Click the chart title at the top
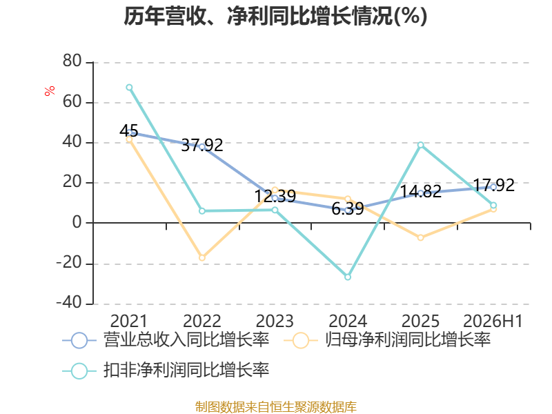tap(275, 17)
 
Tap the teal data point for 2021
tap(129, 88)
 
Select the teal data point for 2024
tap(348, 277)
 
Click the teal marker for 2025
tap(421, 145)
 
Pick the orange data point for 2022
tap(202, 257)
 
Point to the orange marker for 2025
tap(421, 237)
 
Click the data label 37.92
tap(202, 145)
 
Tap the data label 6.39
tap(348, 209)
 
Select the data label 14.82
tap(421, 192)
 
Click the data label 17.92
tap(493, 185)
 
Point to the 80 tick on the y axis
tap(72, 61)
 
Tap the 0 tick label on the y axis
tap(77, 222)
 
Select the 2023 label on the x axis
tap(275, 321)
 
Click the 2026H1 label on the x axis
tap(493, 321)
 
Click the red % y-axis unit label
tap(50, 90)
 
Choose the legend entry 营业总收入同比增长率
tap(166, 340)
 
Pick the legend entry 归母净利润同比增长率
tap(387, 340)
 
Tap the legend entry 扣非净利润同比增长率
tap(166, 371)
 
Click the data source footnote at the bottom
tap(276, 407)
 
